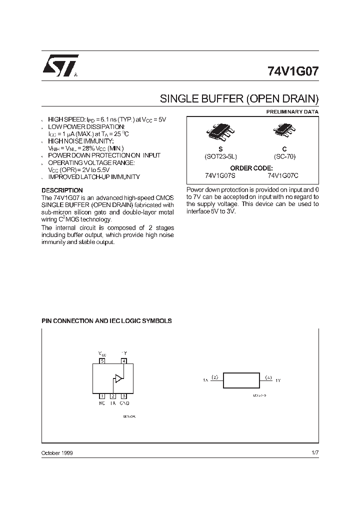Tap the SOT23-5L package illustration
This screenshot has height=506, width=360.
220,133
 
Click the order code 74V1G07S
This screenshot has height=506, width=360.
220,175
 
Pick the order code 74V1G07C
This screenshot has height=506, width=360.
283,175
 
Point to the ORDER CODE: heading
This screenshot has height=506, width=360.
252,168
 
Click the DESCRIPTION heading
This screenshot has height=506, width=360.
62,190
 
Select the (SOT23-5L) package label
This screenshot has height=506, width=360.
220,156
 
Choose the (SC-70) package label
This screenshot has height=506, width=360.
284,156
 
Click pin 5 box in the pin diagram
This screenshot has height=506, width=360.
102,360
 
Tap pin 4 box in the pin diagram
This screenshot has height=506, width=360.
124,360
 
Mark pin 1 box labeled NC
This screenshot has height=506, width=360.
102,396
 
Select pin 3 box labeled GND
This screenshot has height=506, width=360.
124,396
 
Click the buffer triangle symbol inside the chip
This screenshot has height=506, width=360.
118,378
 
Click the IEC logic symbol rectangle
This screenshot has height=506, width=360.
241,380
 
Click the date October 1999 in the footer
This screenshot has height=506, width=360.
56,452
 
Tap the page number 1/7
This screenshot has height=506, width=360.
314,452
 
